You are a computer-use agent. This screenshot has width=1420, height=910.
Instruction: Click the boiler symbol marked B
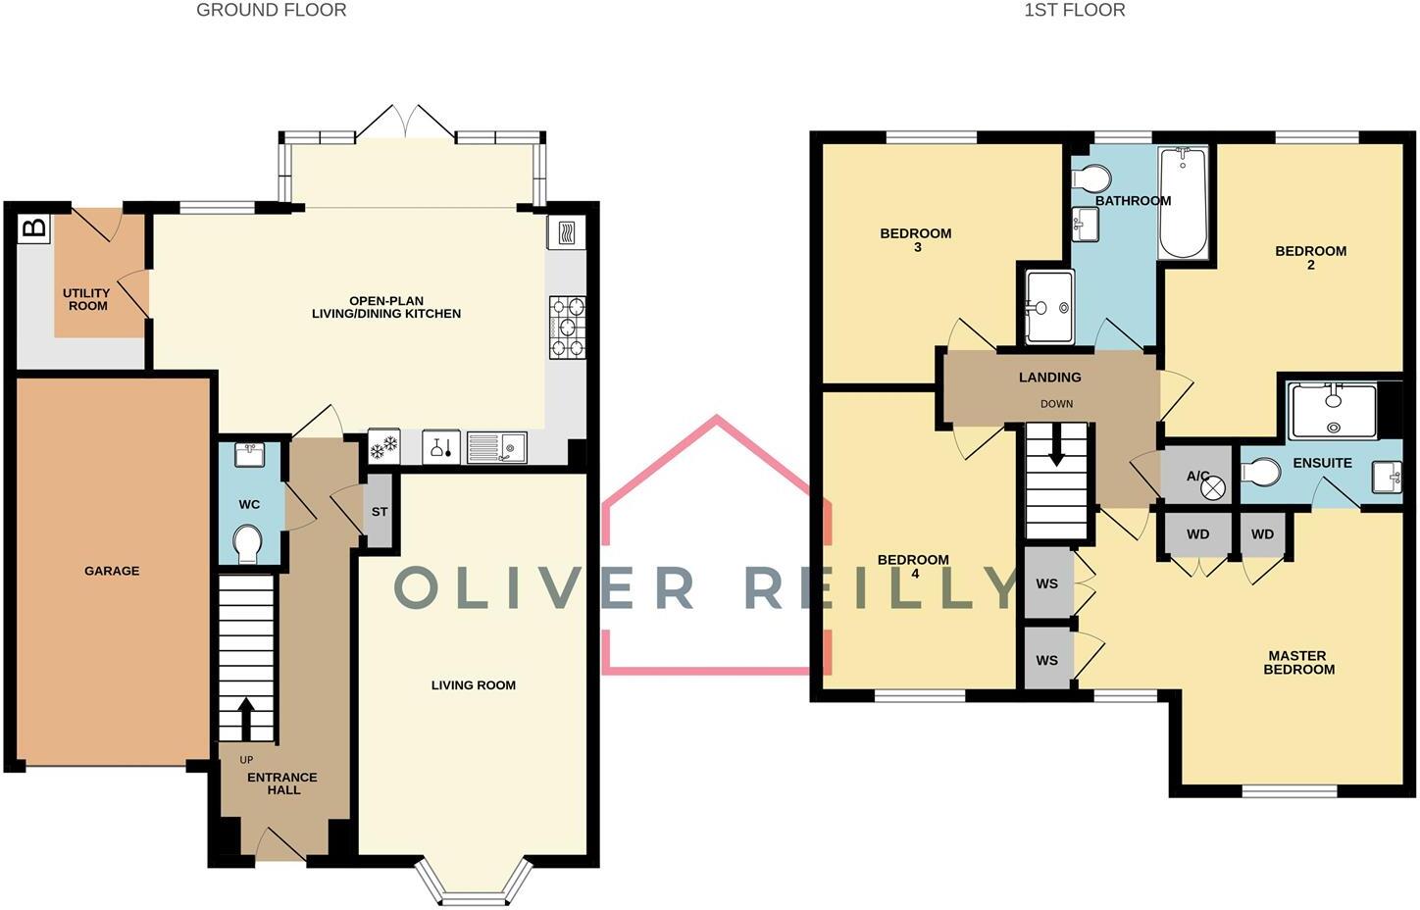[34, 229]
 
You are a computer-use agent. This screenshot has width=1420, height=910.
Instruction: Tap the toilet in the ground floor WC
[247, 543]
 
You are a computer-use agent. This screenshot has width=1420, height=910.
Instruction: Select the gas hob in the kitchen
[567, 327]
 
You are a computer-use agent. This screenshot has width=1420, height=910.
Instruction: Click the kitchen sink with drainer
[496, 447]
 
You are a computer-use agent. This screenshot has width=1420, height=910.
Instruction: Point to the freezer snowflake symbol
[383, 447]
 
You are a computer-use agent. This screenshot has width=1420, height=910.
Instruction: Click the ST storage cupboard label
[380, 512]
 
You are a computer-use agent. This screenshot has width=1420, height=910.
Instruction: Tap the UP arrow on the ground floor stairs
[245, 719]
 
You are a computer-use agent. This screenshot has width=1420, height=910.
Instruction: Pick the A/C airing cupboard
[1198, 478]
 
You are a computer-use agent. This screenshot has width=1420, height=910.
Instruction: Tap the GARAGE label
[112, 571]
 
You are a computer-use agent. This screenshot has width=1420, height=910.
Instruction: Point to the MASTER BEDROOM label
[1297, 663]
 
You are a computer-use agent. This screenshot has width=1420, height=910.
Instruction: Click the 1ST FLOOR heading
[1075, 11]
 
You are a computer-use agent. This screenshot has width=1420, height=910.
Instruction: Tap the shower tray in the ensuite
[1333, 410]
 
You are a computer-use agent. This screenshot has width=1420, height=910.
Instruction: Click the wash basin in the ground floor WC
[249, 456]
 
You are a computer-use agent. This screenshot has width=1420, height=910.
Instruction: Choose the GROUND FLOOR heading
[272, 11]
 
